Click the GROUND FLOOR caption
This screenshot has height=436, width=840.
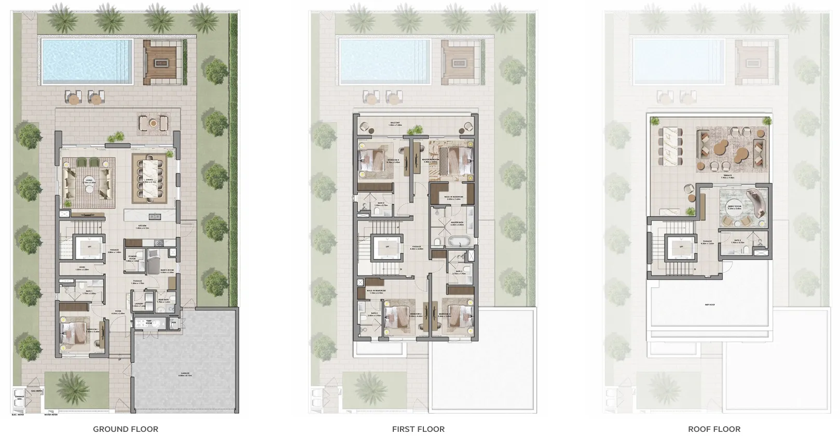coord(126,429)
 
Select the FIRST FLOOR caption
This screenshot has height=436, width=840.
coord(418,429)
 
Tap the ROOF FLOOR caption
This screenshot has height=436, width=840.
coord(714,429)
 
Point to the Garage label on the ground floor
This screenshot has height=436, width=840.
coord(185,373)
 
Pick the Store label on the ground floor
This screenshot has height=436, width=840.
coord(82,269)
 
